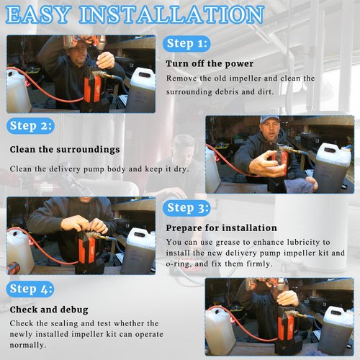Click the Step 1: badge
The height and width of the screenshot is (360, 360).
click(186, 44)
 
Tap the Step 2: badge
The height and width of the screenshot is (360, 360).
click(30, 126)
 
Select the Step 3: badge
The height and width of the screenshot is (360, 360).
click(186, 208)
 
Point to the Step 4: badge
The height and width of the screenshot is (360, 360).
click(30, 289)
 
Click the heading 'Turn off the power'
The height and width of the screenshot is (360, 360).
click(210, 63)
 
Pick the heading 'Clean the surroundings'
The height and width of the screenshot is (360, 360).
click(65, 149)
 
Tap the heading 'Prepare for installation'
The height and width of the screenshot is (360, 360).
click(221, 228)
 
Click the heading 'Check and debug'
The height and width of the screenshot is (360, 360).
click(49, 310)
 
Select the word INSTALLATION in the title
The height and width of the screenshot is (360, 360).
click(171, 15)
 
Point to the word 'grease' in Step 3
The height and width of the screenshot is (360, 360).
click(228, 243)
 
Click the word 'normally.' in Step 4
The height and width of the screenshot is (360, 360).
click(28, 345)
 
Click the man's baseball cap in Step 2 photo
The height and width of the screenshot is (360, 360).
click(270, 119)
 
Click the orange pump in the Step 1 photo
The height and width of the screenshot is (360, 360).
click(92, 88)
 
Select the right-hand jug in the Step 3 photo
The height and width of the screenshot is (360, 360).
click(138, 251)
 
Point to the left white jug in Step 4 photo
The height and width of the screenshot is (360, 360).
click(220, 328)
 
